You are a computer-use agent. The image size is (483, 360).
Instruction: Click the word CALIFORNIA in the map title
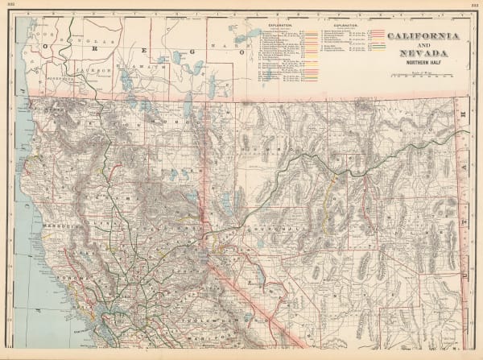click(x=425, y=36)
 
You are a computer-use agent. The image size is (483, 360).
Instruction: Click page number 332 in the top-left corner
click(x=11, y=4)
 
